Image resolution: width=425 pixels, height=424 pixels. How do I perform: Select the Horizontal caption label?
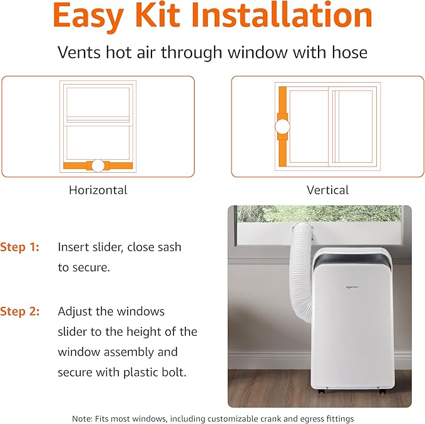click(98, 190)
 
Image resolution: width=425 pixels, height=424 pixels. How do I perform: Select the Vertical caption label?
click(327, 190)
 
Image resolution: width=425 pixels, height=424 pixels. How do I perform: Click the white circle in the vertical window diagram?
click(283, 127)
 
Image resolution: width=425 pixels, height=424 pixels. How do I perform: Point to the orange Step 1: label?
click(19, 247)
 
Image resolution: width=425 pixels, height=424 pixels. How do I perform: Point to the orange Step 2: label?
click(19, 311)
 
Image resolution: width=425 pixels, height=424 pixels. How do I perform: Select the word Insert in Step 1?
click(74, 247)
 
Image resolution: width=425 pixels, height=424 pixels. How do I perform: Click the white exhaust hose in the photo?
click(299, 269)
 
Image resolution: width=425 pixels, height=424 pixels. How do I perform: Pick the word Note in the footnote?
click(82, 418)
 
